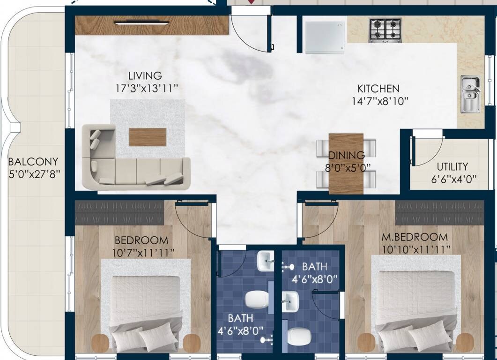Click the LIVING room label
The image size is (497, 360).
tap(145, 75)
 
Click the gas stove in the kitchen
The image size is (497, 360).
tap(385, 30)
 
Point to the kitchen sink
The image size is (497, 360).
tap(470, 94)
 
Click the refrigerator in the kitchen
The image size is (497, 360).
tap(325, 35)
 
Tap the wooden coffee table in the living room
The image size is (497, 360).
tap(148, 137)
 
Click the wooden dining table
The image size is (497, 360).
tap(346, 163)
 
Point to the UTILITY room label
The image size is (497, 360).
tap(452, 167)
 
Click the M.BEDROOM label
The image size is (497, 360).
tap(414, 237)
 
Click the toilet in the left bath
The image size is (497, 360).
tap(256, 299)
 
